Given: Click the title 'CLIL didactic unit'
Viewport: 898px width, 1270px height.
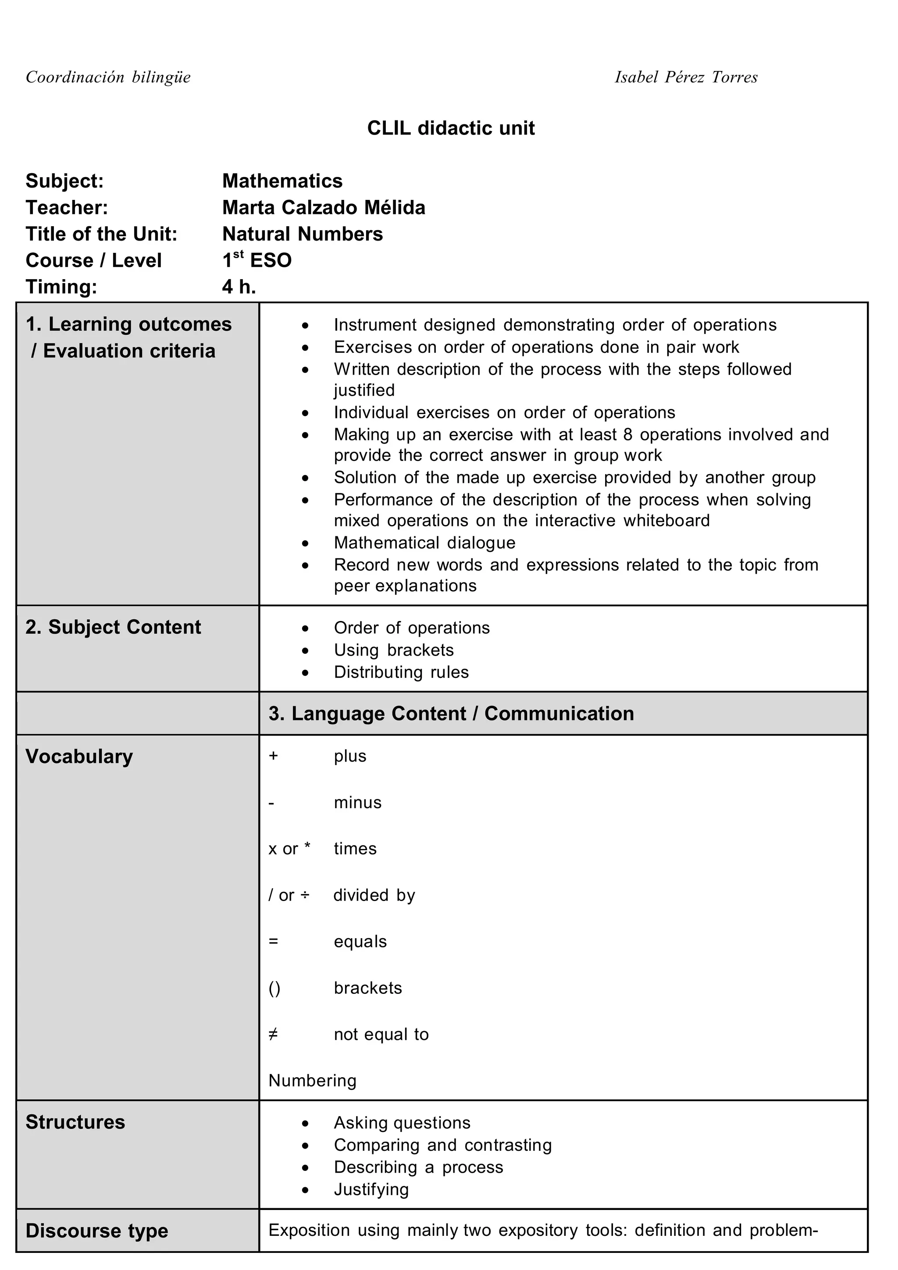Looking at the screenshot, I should coord(450,128).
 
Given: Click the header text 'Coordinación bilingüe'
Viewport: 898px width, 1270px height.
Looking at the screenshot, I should coord(108,77).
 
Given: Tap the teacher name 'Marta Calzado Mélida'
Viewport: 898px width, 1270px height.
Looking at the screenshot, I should coord(324,207).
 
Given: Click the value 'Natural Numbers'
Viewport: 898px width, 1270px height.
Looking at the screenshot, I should coord(302,234).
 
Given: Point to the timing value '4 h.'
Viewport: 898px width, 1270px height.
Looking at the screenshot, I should coord(239,287).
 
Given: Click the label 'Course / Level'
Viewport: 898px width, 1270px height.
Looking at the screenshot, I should coord(93,260).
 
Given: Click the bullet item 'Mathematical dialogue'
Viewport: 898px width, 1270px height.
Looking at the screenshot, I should coord(424,543).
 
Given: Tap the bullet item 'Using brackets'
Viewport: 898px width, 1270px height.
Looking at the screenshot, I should coord(393,650).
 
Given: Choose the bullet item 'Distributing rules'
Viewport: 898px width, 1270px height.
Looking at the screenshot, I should coord(401,672).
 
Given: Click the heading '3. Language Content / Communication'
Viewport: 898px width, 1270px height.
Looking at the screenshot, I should coord(451,713).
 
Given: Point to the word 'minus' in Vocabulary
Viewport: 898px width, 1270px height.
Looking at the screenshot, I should coord(357,802).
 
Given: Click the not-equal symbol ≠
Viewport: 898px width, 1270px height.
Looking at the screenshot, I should coord(273,1034).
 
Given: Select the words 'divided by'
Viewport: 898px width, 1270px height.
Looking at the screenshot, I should coord(374,895).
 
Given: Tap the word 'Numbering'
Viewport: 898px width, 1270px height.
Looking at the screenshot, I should coord(312,1080).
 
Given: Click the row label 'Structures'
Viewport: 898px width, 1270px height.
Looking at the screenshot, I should coord(75,1122).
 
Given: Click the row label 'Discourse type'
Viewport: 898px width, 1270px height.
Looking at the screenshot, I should coord(97,1231).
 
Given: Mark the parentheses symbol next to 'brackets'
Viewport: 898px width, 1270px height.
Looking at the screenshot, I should coord(274,988).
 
